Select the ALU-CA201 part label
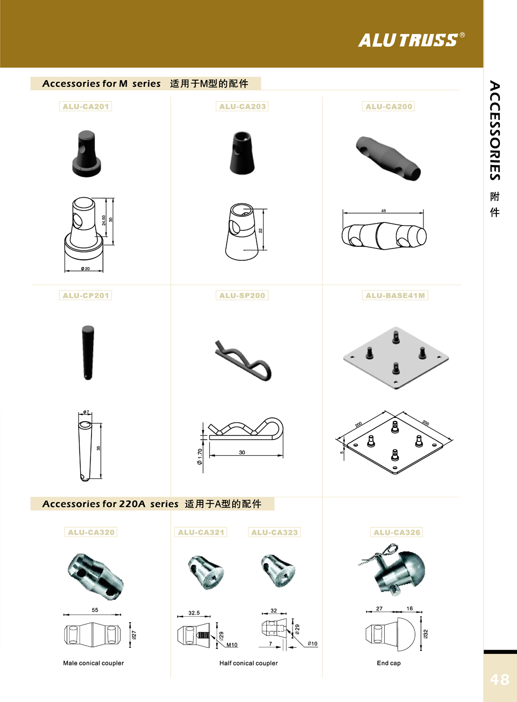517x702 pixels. click(86, 107)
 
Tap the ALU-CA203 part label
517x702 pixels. click(242, 107)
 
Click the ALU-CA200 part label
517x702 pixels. click(389, 107)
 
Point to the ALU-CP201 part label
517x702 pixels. click(86, 295)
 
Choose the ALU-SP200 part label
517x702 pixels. click(242, 295)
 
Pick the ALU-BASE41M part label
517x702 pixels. click(395, 295)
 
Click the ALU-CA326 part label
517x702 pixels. click(397, 532)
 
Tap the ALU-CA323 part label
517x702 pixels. click(275, 532)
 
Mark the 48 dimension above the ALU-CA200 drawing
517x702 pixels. click(383, 211)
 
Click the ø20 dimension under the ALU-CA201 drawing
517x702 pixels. click(85, 269)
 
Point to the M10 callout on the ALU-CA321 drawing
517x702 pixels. click(232, 645)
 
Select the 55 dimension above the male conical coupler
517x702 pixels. click(95, 610)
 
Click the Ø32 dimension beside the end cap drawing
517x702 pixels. click(425, 633)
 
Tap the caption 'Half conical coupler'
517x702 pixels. click(248, 663)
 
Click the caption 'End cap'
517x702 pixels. click(389, 663)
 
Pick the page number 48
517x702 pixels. click(499, 679)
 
